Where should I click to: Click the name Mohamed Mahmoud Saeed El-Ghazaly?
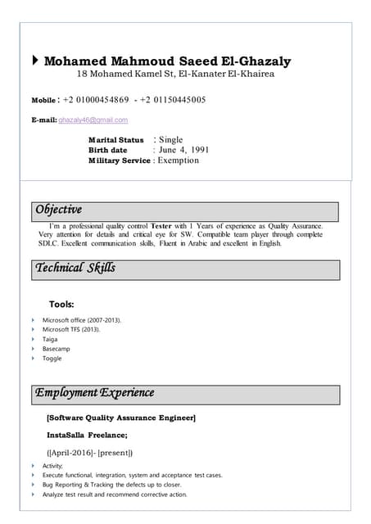pos(167,61)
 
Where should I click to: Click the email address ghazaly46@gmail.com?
pos(93,120)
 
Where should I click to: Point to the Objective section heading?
pos(58,210)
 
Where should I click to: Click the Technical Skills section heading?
pos(75,268)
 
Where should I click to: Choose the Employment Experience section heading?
pos(94,393)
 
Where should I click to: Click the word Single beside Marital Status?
pos(170,140)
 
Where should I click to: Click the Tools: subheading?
pos(61,304)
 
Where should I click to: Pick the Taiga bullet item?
pos(50,339)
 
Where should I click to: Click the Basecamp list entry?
pos(57,349)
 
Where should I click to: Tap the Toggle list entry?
pos(52,359)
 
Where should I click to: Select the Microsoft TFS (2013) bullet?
pos(71,329)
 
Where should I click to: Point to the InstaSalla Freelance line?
pos(87,435)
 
